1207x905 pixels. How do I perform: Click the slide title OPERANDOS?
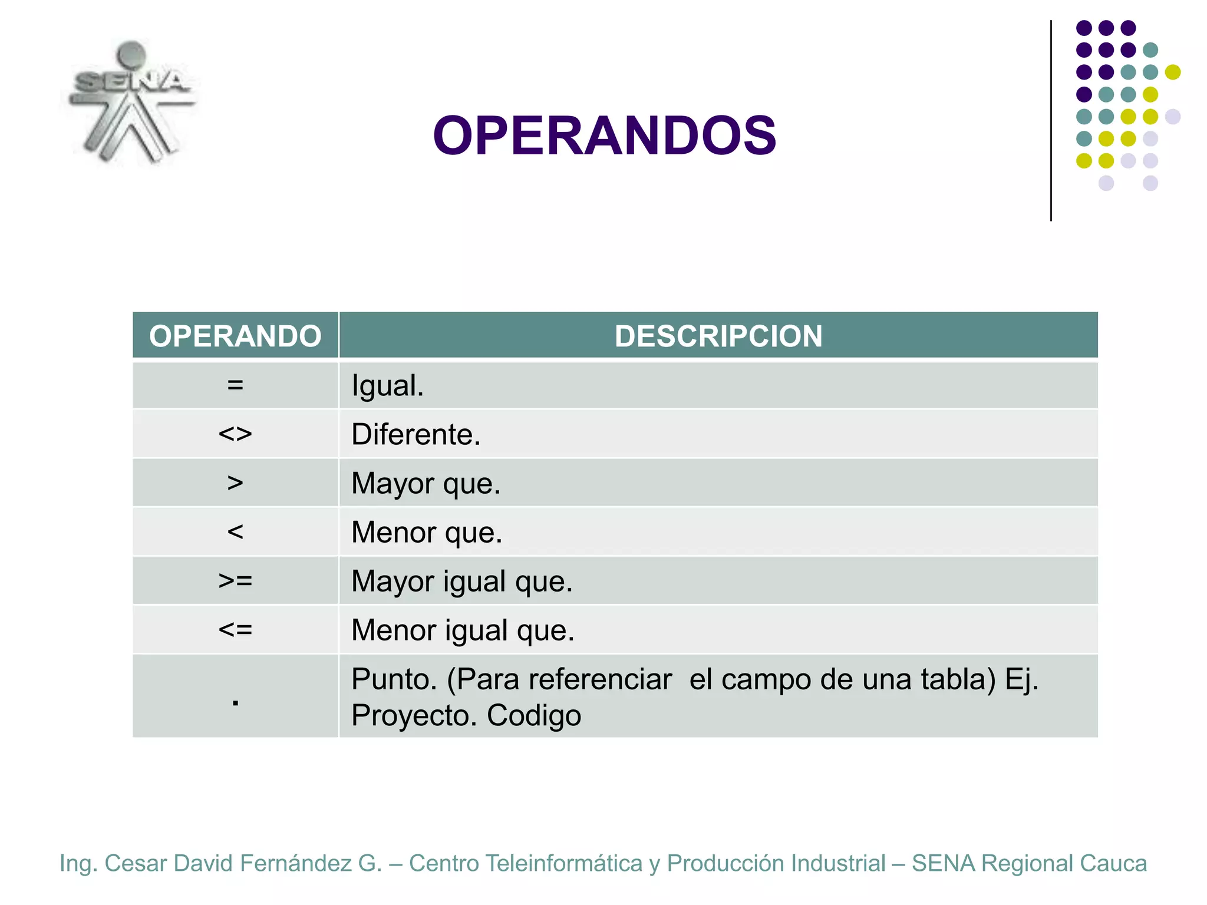604,136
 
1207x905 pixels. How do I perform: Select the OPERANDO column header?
235,336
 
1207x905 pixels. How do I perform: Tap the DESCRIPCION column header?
718,336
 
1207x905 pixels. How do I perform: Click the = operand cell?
235,385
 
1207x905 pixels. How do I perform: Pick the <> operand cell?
235,434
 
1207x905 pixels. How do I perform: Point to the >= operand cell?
235,581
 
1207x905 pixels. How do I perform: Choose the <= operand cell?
235,630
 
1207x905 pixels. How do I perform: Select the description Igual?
387,387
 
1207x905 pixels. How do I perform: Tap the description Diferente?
415,435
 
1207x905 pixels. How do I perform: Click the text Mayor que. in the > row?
426,484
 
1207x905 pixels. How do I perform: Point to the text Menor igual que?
463,630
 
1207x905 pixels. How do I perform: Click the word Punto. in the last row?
394,679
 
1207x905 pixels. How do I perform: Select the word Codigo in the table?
533,716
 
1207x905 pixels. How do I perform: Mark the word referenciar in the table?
600,679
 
